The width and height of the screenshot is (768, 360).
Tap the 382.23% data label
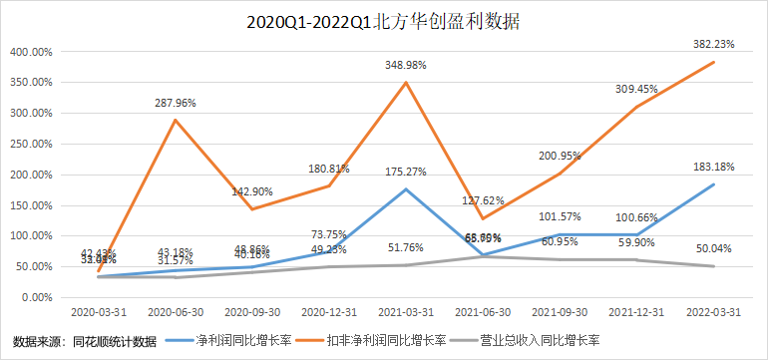tap(713, 44)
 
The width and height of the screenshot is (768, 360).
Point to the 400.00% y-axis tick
tap(29, 52)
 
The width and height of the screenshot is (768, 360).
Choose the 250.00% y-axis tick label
tap(29, 144)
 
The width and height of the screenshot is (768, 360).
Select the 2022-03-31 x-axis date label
tap(713, 311)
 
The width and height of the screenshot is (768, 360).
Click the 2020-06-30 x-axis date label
tap(177, 311)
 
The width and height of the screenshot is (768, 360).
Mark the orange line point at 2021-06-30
tap(483, 218)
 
